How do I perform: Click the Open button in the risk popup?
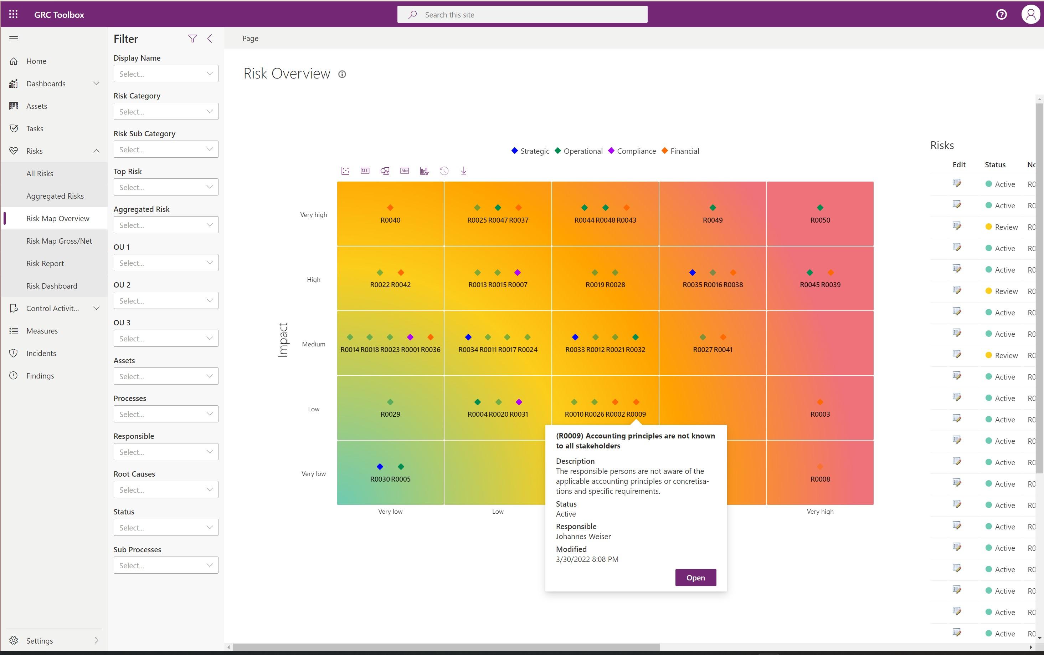(x=695, y=578)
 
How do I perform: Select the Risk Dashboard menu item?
(x=52, y=286)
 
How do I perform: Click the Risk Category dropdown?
(x=166, y=112)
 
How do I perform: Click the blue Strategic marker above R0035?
(x=692, y=273)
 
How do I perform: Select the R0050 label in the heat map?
(x=820, y=220)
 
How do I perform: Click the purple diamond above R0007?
(x=517, y=273)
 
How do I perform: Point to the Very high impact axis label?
(x=313, y=215)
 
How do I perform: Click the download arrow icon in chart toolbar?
(x=464, y=171)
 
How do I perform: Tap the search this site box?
(x=522, y=15)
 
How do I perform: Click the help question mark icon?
(x=1001, y=15)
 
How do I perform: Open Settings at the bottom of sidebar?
(x=40, y=641)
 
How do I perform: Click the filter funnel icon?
(x=192, y=39)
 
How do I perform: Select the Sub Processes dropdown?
(x=166, y=565)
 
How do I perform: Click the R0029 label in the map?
(x=390, y=414)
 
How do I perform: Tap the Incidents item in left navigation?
(x=41, y=354)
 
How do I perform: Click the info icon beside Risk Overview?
(x=342, y=75)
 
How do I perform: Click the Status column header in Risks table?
(x=995, y=164)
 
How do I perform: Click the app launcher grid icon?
(x=14, y=15)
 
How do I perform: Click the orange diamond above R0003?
(x=820, y=402)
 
